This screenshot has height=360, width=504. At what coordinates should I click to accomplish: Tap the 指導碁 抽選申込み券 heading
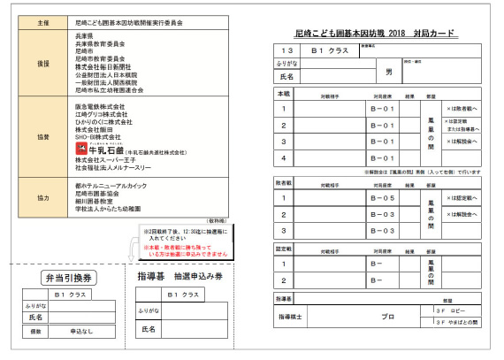coord(180,277)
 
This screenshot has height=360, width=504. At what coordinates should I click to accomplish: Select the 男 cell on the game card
coord(388,70)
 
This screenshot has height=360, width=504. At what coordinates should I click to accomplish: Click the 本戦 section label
coord(284,93)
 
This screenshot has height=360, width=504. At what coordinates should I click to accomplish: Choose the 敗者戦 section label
coord(285,185)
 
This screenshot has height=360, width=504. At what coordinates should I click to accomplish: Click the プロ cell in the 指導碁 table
coord(387,316)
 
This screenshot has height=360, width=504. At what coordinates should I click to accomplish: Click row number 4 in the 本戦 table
coord(284,158)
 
